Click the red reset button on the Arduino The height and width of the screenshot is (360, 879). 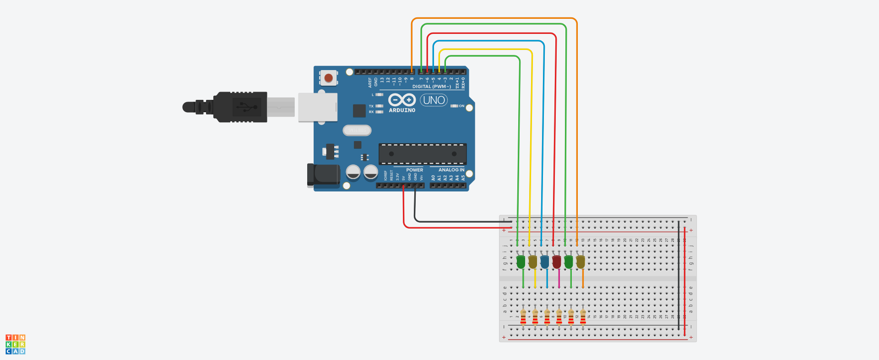click(328, 78)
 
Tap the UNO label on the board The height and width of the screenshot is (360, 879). click(434, 100)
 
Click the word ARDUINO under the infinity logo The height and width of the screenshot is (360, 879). click(402, 110)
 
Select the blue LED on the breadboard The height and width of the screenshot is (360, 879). click(544, 262)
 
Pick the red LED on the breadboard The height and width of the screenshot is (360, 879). click(556, 262)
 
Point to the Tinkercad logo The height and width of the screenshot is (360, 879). click(15, 344)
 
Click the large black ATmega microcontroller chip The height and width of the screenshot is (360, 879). click(422, 154)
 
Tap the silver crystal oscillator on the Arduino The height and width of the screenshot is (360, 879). click(357, 131)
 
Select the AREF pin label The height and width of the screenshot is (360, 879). click(370, 82)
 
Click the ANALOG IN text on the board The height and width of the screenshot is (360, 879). click(451, 170)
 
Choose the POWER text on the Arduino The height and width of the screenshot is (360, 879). click(414, 170)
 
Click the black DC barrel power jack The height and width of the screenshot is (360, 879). click(324, 175)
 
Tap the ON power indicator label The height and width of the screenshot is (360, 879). click(461, 106)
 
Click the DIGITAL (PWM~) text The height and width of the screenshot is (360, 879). click(431, 87)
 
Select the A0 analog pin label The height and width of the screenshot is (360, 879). click(433, 178)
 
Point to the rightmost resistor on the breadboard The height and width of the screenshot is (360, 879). click(583, 316)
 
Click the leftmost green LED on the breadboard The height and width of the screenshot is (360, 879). click(521, 262)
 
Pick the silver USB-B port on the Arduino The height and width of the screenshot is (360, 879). click(318, 107)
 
